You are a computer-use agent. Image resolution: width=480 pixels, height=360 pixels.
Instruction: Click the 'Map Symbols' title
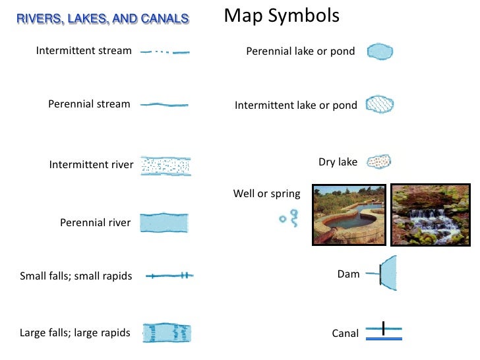(282, 15)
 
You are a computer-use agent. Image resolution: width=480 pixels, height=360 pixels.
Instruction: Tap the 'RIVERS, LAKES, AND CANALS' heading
(102, 18)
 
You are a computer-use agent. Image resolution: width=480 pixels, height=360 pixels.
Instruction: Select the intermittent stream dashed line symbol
(165, 51)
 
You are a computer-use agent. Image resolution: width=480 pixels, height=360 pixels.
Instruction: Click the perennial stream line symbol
(165, 105)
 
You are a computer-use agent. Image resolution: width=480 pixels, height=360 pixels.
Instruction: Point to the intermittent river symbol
(166, 165)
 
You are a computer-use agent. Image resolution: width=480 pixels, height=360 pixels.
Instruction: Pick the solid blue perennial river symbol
(165, 223)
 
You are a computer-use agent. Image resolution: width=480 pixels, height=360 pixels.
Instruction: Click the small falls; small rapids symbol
(169, 276)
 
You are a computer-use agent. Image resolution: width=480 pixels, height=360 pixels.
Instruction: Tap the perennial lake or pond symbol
(380, 51)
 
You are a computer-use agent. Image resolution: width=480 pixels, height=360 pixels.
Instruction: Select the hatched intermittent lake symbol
(380, 105)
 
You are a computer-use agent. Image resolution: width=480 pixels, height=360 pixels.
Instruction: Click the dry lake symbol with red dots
(378, 162)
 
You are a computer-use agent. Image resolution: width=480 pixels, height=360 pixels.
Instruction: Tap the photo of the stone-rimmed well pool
(349, 214)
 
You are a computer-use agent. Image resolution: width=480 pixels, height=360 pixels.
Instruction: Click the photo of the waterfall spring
(430, 214)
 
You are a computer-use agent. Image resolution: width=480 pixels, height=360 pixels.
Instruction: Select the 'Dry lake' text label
(338, 162)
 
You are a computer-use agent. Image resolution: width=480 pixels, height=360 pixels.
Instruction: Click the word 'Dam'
(348, 274)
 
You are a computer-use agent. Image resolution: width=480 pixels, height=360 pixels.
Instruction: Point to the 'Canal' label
(345, 334)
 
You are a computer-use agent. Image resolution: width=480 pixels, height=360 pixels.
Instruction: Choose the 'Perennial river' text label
(96, 223)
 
